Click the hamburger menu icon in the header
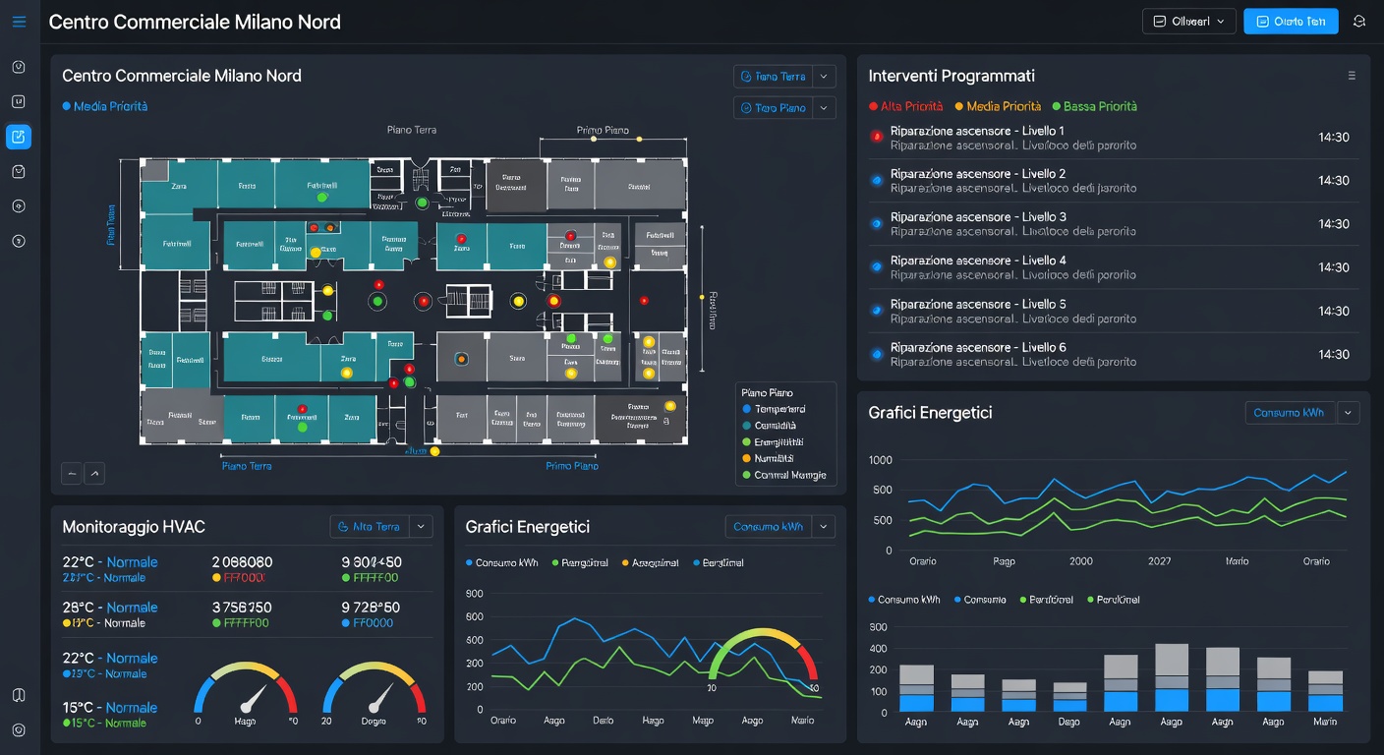tap(19, 22)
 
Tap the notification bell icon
tap(1359, 22)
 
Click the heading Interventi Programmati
tap(951, 76)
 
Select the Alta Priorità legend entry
tap(905, 106)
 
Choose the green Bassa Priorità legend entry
tap(1094, 106)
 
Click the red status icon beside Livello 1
tap(876, 138)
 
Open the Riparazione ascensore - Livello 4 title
tap(977, 261)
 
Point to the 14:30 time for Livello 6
tap(1333, 354)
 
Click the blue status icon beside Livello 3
tap(876, 224)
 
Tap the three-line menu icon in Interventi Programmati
tap(1352, 76)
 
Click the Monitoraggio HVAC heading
tap(133, 527)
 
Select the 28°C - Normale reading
tap(109, 608)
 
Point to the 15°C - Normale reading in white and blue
tap(109, 708)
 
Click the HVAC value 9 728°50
tap(371, 608)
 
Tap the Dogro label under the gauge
tap(374, 721)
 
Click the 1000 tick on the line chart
tap(881, 460)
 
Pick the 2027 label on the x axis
tap(1159, 561)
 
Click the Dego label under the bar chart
tap(1068, 722)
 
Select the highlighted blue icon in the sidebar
tap(19, 137)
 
